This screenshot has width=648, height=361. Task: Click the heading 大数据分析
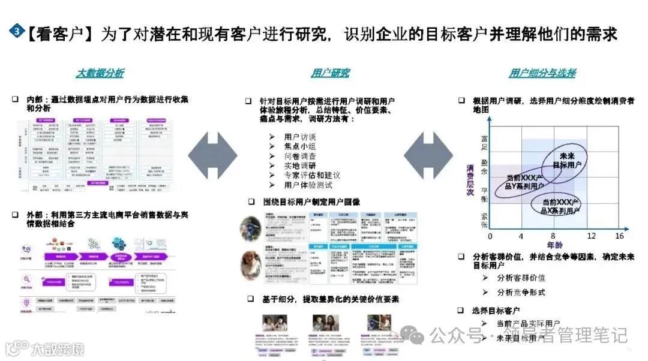pos(100,73)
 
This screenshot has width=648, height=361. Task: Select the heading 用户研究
pos(330,73)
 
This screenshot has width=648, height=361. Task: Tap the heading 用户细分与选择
pos(542,73)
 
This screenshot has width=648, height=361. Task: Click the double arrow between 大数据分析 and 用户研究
pos(213,157)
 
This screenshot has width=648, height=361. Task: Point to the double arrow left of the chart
pos(427,157)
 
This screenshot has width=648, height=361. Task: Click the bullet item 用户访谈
pos(300,137)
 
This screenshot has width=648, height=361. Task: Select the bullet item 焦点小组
pos(300,146)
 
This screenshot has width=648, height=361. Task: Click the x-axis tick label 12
pos(591,236)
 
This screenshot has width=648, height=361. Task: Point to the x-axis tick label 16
pos(619,236)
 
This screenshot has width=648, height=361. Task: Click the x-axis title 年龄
pos(555,245)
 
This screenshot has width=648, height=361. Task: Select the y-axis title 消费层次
pos(471,180)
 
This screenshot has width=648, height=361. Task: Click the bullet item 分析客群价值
pos(521,278)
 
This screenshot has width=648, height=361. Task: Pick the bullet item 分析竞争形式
pos(521,292)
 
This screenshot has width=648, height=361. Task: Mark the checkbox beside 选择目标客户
pos(461,310)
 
